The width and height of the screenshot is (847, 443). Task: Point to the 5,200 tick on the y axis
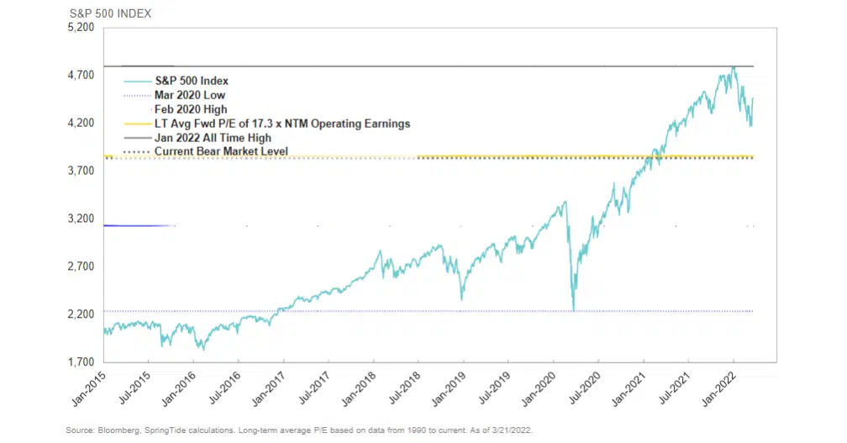click(82, 28)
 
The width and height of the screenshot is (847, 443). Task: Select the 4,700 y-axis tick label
click(82, 76)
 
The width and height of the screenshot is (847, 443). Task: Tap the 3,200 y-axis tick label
click(82, 219)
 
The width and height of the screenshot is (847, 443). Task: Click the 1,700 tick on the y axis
click(82, 362)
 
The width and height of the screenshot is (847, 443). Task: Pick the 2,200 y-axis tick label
click(82, 314)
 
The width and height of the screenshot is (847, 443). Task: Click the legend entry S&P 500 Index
click(192, 81)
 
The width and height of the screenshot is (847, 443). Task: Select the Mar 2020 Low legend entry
click(190, 95)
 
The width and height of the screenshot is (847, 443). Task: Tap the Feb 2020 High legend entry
click(191, 109)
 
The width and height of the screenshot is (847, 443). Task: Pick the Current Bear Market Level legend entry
click(221, 151)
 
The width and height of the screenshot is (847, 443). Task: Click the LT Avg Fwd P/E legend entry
click(281, 124)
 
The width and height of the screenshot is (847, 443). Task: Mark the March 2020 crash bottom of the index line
click(574, 309)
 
